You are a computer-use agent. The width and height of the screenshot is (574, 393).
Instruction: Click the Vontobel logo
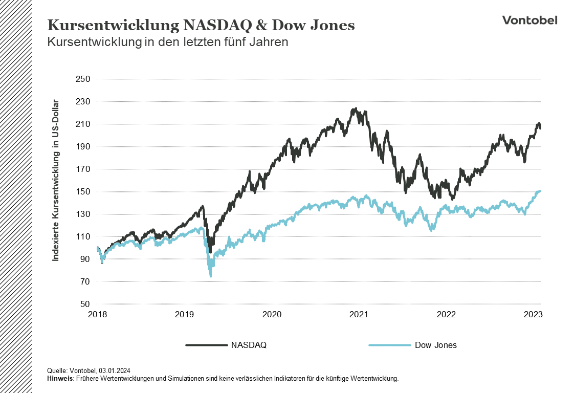coord(529,20)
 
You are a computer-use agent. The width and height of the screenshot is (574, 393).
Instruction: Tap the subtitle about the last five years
coord(168,42)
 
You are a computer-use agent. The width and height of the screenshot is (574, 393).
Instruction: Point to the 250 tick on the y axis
coord(83,79)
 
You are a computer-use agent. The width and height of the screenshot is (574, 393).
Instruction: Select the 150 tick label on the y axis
coord(83,192)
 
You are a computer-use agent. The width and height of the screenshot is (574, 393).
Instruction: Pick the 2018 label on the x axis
coord(97,315)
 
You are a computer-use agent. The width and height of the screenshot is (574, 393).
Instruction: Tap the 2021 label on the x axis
coord(359,315)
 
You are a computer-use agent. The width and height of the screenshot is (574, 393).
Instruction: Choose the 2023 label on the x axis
coord(533,315)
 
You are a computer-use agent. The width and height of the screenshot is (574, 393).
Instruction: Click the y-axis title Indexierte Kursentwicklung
coord(56,180)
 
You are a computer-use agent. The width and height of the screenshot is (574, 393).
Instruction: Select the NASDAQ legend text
coord(249,345)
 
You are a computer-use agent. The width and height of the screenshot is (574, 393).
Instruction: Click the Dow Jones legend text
coord(435,345)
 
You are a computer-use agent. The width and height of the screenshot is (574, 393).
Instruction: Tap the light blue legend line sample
coord(389,345)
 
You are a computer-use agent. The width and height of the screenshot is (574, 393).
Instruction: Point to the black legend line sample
coord(206,345)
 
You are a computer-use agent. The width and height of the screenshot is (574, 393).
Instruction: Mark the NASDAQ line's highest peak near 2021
coord(355,109)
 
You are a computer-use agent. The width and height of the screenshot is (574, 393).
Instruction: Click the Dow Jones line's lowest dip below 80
coord(211,276)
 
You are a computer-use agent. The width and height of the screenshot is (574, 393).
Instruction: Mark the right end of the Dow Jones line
coord(540,191)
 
